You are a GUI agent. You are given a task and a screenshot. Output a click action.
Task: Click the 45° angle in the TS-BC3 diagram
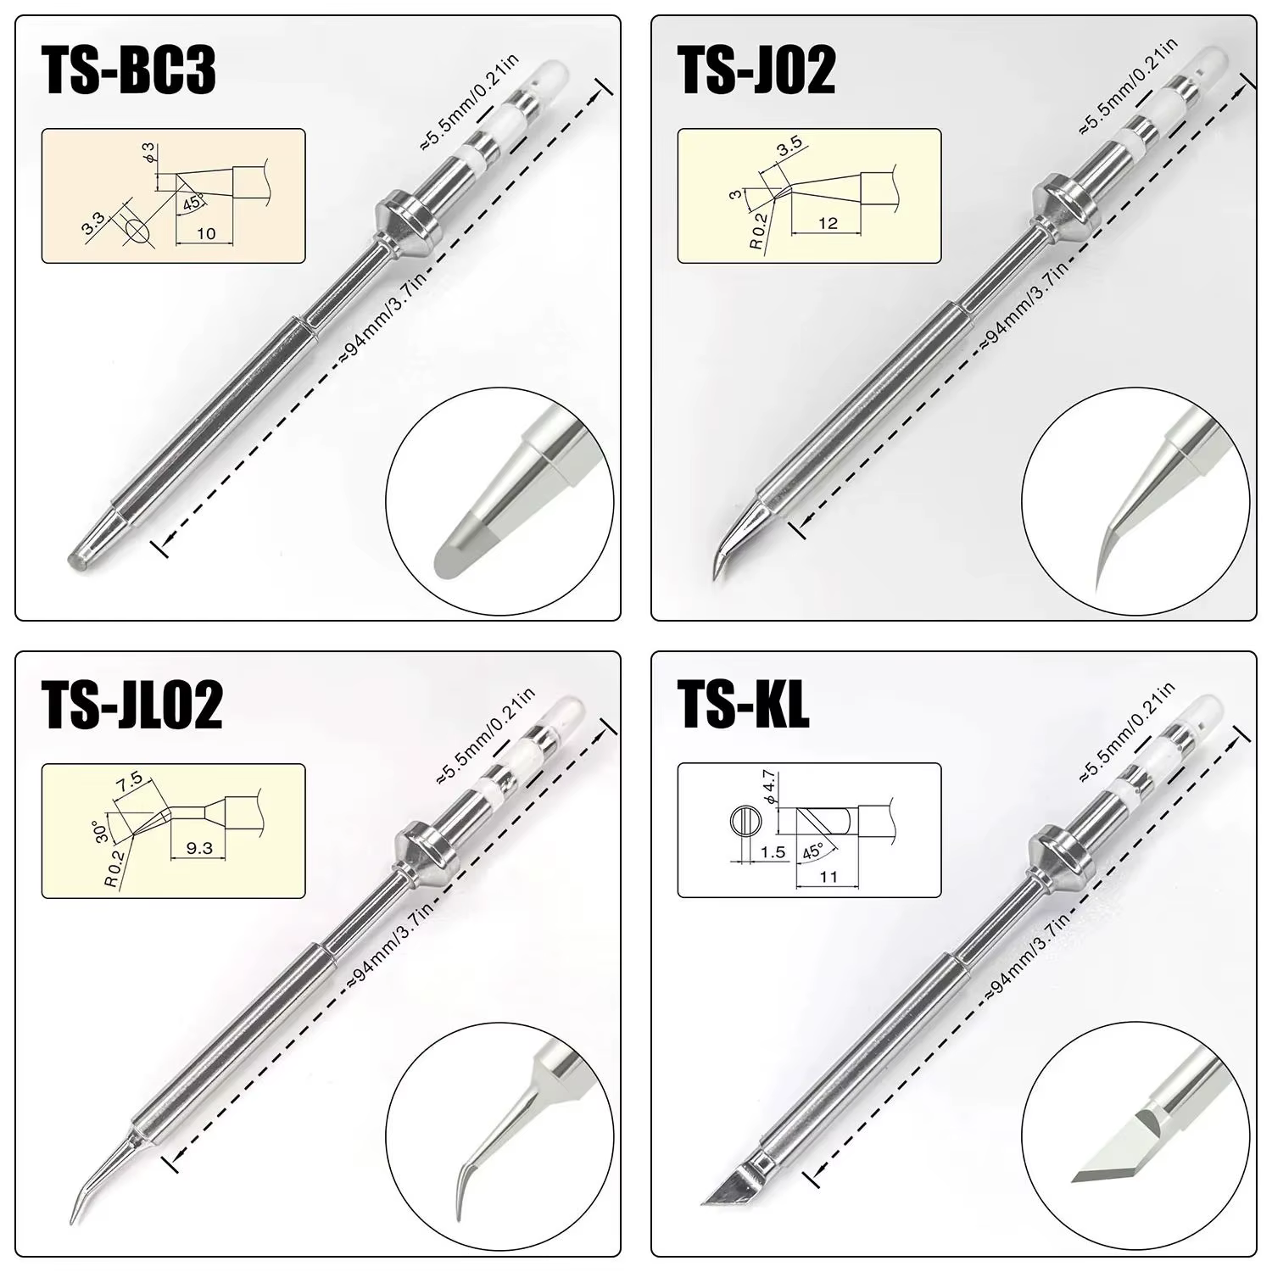tap(192, 203)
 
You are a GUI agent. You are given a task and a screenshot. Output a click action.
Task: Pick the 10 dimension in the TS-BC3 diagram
tap(206, 233)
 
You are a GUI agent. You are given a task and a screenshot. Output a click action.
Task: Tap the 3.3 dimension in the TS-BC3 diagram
tap(92, 222)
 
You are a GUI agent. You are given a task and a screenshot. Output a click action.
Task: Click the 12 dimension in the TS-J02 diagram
tap(828, 223)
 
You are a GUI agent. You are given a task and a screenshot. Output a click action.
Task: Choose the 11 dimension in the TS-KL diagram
tap(828, 876)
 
